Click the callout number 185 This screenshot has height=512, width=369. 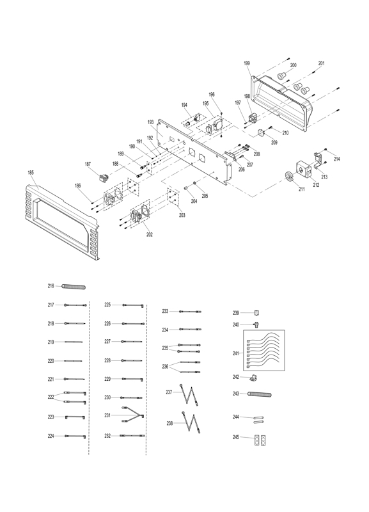point(31,173)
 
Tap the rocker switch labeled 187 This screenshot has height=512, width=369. point(104,178)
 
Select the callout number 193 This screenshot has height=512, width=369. point(150,122)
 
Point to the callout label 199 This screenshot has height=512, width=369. point(247,63)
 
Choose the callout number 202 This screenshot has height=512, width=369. point(150,235)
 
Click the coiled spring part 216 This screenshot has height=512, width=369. point(74,287)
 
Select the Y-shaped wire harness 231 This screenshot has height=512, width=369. point(133,415)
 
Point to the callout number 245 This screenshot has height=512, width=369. point(236,437)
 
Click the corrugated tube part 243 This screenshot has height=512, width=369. point(260,394)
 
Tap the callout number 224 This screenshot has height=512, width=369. point(51,436)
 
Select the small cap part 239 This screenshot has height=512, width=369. point(257,313)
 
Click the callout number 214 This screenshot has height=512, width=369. point(336,159)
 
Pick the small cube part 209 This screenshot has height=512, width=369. point(262,132)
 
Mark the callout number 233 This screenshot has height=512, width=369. point(166,312)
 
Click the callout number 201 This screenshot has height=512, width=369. point(322,63)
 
